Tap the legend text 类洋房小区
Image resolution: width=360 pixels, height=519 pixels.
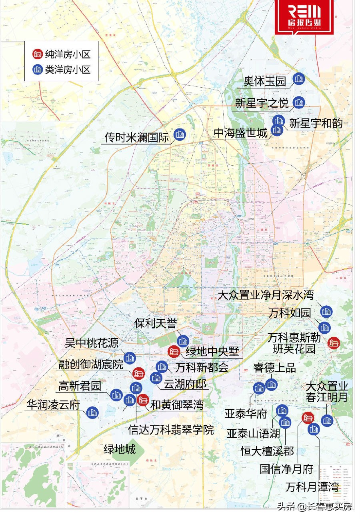click(68, 69)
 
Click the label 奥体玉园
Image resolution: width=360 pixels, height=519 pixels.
click(265, 82)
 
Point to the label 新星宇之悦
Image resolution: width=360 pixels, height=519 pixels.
click(261, 103)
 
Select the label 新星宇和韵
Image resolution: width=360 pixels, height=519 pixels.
click(316, 123)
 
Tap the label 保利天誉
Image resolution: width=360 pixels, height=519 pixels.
click(155, 324)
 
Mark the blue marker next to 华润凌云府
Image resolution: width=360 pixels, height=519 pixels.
click(92, 413)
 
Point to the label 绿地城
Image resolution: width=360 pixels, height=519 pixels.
click(119, 449)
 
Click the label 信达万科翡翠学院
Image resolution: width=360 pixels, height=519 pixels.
click(171, 430)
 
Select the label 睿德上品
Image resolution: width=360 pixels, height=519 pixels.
click(274, 367)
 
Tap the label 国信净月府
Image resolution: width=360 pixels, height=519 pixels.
click(286, 469)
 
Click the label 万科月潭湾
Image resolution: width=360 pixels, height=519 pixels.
click(312, 487)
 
